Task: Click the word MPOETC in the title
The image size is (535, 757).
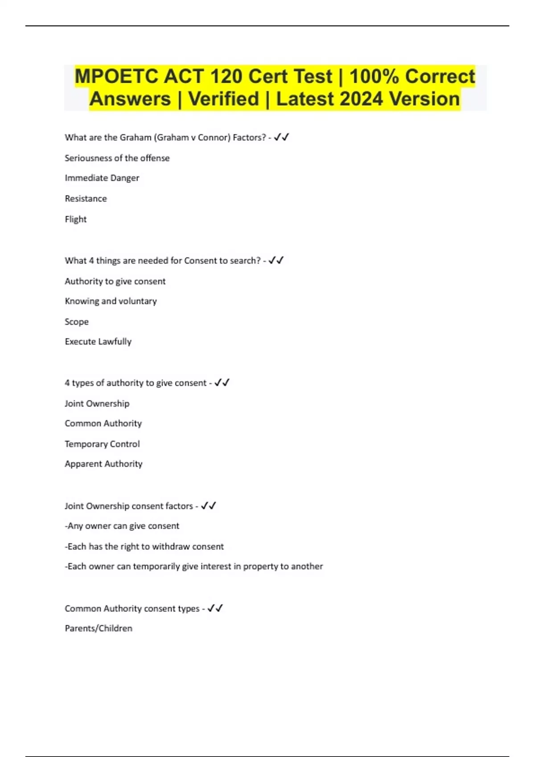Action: click(x=116, y=76)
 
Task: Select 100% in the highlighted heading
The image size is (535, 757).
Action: click(x=374, y=76)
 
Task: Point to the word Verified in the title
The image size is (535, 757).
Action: click(x=223, y=99)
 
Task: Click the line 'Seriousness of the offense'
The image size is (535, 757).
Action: click(x=117, y=158)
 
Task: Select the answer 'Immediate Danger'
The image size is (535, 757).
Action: click(x=102, y=178)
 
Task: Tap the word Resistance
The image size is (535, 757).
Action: click(x=86, y=199)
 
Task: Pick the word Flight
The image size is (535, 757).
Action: click(x=75, y=219)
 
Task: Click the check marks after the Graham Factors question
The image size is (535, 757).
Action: click(x=281, y=137)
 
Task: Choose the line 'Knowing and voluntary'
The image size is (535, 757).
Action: click(x=111, y=301)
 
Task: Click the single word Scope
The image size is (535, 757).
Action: click(x=76, y=322)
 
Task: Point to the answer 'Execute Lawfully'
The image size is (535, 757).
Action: click(x=98, y=342)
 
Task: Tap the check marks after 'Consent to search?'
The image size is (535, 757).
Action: click(x=276, y=260)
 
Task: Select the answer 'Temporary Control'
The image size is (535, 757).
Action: click(x=102, y=444)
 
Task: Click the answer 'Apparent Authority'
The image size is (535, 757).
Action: click(x=103, y=464)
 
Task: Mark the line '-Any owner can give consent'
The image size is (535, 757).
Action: click(x=122, y=526)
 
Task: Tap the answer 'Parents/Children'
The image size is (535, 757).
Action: click(x=99, y=628)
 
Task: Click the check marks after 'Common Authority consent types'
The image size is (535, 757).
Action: click(x=215, y=608)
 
